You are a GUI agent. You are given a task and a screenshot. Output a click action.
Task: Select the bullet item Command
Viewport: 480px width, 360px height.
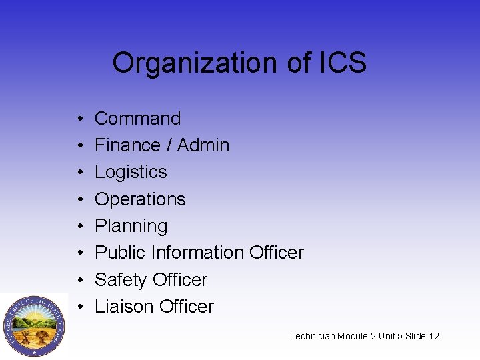(x=138, y=119)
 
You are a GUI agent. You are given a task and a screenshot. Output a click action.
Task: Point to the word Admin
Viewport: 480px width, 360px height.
(x=203, y=145)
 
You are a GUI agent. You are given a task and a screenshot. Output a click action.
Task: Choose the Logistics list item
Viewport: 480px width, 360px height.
(x=131, y=172)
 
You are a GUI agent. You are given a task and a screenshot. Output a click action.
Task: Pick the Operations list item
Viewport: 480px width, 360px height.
(x=140, y=199)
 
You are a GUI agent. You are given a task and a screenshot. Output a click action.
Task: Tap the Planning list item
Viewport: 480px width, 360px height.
(x=131, y=227)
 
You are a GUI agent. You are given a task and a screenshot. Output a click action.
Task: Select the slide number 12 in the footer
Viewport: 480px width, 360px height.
(x=434, y=336)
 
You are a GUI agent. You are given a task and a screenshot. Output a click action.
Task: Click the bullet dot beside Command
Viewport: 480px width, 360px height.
(x=79, y=119)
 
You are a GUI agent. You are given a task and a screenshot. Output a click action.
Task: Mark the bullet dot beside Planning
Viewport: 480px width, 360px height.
(x=79, y=227)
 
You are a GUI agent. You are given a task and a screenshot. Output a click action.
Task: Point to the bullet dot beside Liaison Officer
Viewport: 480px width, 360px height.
(x=79, y=307)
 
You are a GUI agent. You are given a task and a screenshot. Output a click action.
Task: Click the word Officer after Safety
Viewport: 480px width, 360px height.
(x=181, y=280)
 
